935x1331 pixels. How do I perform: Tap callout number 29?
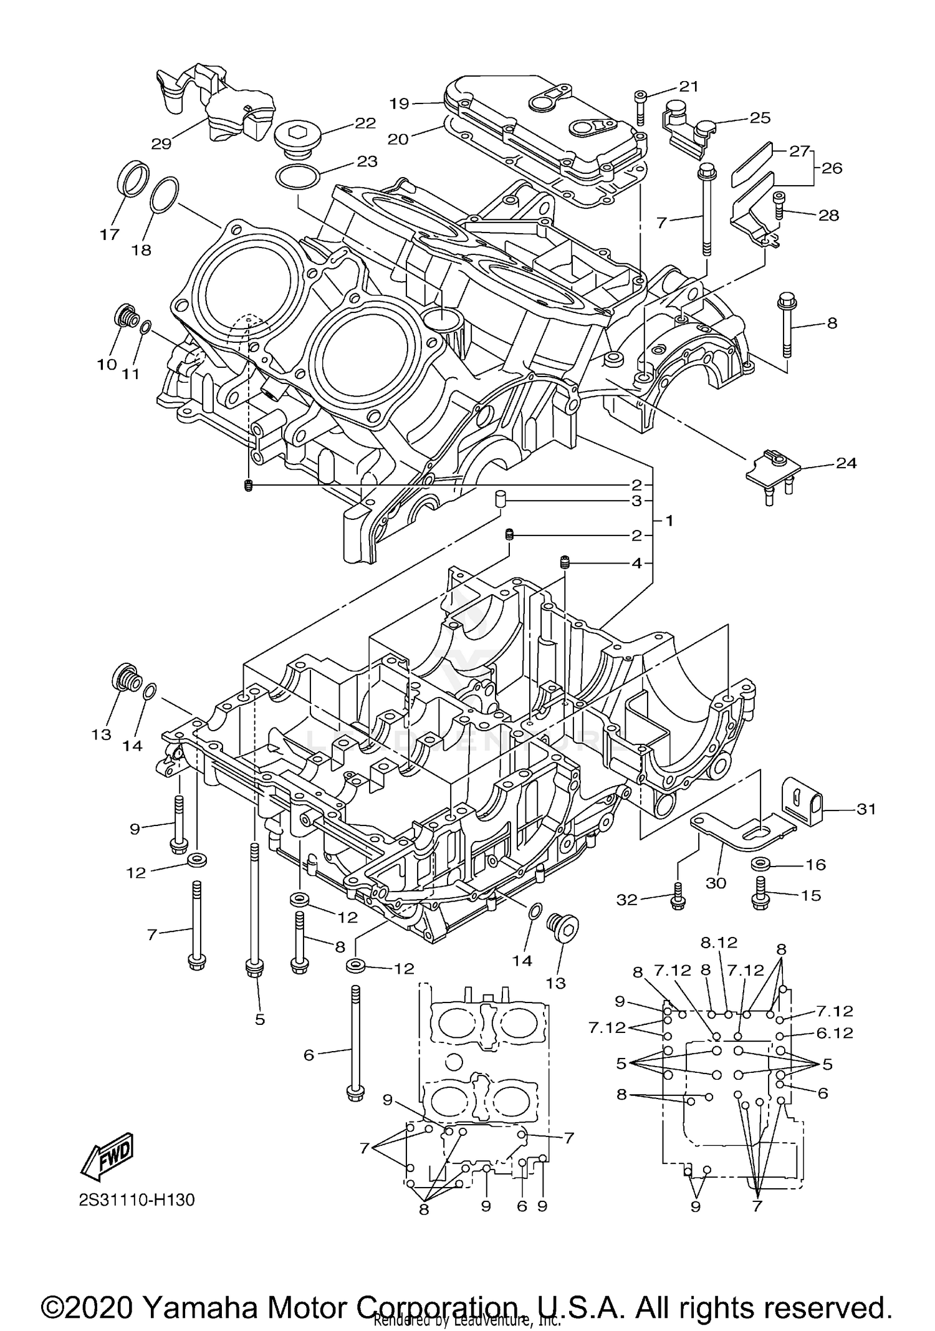(x=161, y=143)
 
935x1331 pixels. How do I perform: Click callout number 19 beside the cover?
(x=400, y=103)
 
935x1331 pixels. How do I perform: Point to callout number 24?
(x=846, y=463)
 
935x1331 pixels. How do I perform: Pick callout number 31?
(x=866, y=809)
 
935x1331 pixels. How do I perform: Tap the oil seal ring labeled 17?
(x=133, y=178)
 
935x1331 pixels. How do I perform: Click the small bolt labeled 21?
(x=641, y=105)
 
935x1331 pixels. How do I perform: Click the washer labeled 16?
(x=760, y=864)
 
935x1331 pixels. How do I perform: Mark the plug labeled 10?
(x=127, y=317)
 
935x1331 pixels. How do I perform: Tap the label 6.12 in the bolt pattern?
(x=834, y=1033)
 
